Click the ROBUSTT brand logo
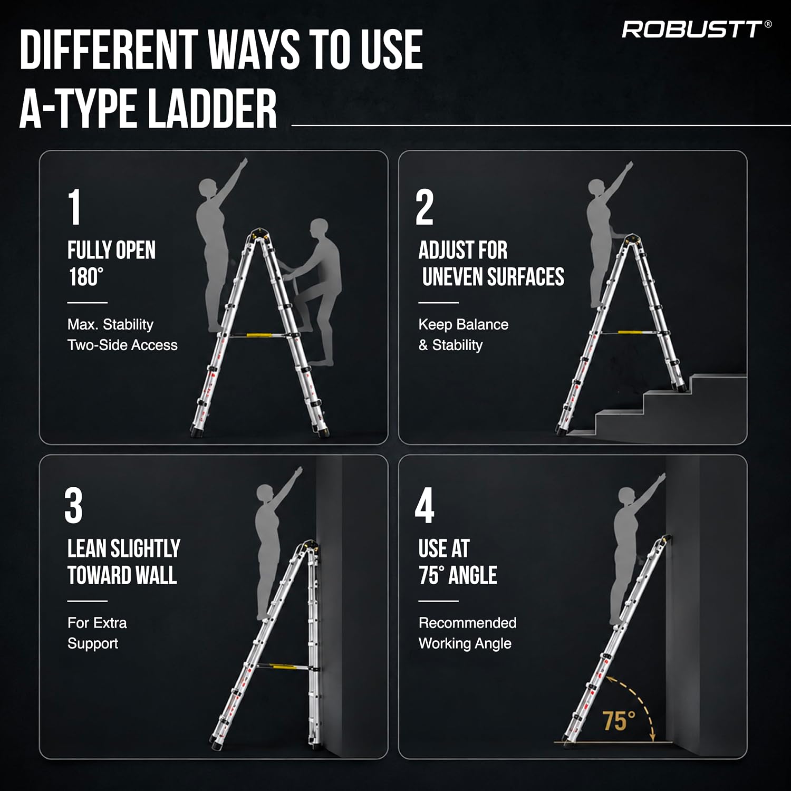697,30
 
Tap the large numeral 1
75,207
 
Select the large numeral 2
425,207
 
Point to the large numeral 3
73,506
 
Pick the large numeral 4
425,506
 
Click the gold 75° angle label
619,721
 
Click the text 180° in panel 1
86,277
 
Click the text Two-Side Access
122,345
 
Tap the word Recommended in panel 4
467,623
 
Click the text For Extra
97,623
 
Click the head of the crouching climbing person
320,230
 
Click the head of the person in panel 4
628,498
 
